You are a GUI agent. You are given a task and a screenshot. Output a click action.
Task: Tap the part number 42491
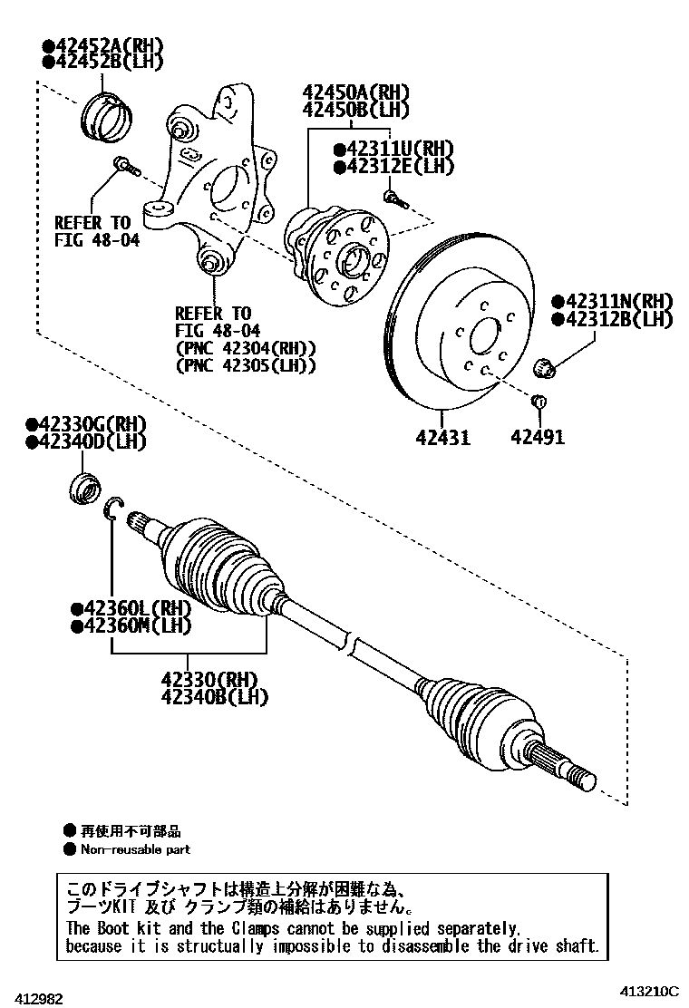[x=537, y=437]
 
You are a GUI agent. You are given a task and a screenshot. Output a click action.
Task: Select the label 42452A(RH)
[x=95, y=44]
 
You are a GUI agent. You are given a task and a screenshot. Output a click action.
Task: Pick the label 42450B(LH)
[x=356, y=110]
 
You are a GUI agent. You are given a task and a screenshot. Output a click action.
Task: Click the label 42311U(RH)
[x=393, y=149]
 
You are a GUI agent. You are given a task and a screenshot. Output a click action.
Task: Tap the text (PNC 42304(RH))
[x=245, y=348]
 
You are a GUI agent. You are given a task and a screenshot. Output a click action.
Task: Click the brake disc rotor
[x=453, y=326]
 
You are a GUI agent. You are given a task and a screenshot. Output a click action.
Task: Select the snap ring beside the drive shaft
[x=113, y=510]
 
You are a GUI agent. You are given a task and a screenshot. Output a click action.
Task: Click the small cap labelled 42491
[x=538, y=402]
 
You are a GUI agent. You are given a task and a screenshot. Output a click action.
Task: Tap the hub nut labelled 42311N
[x=546, y=367]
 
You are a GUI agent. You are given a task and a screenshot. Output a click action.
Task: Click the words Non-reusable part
[x=135, y=849]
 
